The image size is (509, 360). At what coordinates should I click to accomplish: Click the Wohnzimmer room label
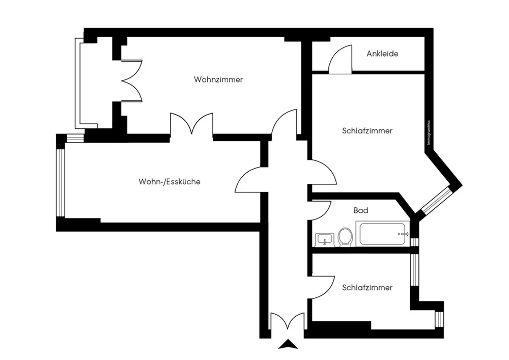218,80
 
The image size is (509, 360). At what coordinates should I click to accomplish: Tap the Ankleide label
382,53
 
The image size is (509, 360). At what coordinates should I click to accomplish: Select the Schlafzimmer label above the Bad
367,131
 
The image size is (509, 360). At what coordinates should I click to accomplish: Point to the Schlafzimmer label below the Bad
367,288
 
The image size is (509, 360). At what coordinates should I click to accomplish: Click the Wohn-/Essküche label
169,182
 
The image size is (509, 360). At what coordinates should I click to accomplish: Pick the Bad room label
361,210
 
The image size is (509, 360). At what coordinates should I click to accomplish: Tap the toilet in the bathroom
346,236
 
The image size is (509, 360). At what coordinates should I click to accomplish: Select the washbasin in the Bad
324,238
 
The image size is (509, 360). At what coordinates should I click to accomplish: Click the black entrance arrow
287,345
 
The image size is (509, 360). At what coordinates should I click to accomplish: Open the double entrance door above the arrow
287,325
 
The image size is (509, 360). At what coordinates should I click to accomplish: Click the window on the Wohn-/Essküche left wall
61,182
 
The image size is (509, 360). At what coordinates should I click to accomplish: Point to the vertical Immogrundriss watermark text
429,132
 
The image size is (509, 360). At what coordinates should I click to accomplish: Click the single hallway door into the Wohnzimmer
285,125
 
